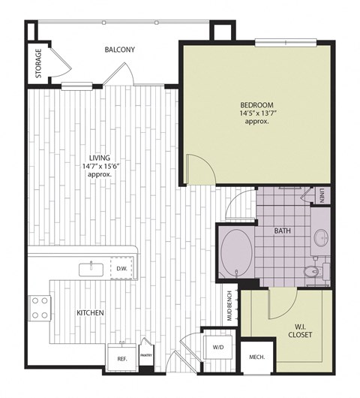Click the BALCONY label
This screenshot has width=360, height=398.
[x=120, y=50]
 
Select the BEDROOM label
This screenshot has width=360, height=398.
[x=256, y=104]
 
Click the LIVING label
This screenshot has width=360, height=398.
[x=100, y=158]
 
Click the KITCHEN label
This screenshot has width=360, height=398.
[x=89, y=312]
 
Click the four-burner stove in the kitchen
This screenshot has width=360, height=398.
[x=40, y=308]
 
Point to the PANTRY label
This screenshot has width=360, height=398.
[x=146, y=356]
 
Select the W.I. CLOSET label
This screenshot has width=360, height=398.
[x=298, y=330]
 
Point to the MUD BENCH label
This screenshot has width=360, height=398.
[x=229, y=306]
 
